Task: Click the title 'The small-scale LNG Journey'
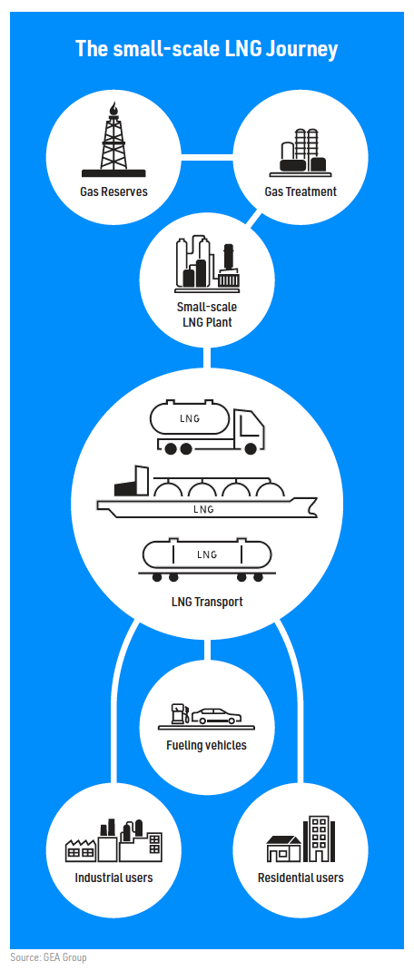[206, 48]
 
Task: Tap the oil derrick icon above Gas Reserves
[113, 139]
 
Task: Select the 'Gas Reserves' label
[113, 191]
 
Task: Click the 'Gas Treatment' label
[301, 191]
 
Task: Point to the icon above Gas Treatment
[301, 152]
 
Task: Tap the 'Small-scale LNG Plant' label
[206, 314]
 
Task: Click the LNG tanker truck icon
[208, 428]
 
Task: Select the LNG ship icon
[207, 494]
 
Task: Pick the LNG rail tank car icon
[206, 561]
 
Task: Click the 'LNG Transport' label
[206, 602]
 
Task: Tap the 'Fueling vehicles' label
[206, 745]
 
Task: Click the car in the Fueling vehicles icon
[216, 717]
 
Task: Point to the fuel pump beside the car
[179, 713]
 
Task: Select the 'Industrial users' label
[113, 878]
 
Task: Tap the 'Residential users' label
[301, 878]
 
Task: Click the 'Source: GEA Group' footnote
[48, 957]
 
